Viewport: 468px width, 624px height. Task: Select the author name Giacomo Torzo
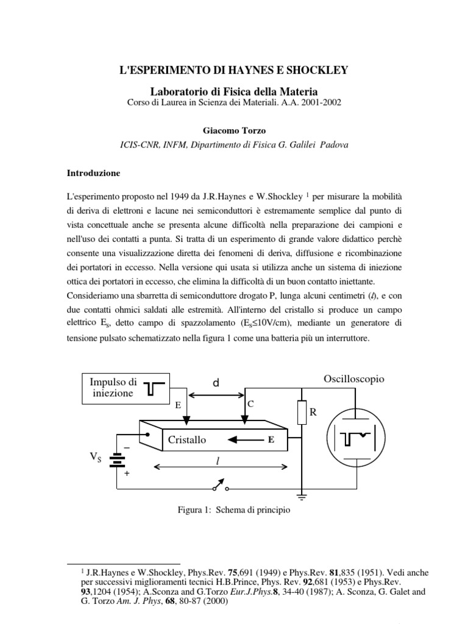(233, 130)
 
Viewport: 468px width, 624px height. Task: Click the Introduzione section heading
(93, 173)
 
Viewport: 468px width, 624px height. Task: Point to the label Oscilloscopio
(354, 379)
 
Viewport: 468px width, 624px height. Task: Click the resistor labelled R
(302, 413)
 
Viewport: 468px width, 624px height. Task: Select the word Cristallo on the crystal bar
(186, 439)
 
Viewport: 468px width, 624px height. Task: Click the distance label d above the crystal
(216, 382)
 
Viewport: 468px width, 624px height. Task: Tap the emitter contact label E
(178, 405)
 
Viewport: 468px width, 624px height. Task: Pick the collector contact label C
(250, 404)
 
